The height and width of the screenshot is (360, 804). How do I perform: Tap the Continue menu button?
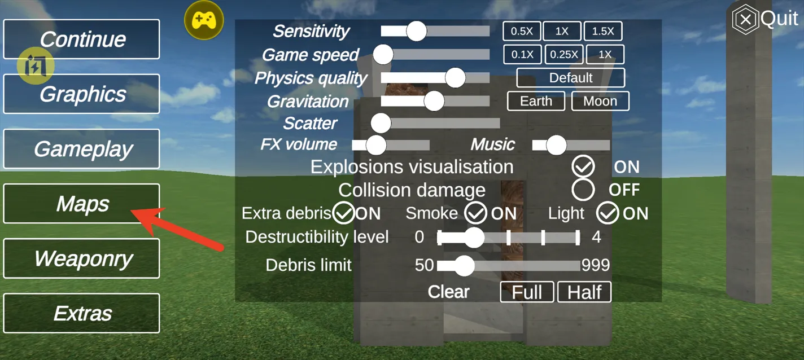pos(81,39)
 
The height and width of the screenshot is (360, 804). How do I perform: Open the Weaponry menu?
pos(81,258)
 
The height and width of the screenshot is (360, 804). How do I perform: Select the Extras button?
pos(81,313)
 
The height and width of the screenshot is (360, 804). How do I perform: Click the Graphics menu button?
pos(81,94)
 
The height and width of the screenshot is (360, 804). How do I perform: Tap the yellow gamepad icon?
pos(204,20)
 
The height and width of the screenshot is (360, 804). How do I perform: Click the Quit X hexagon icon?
pos(745,19)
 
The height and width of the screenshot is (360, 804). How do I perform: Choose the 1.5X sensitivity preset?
pos(603,31)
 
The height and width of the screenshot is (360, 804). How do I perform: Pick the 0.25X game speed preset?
pos(564,55)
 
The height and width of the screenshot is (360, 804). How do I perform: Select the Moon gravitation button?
pos(600,101)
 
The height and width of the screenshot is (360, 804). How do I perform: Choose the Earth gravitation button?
pos(536,101)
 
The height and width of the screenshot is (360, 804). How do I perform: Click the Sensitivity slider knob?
pos(416,31)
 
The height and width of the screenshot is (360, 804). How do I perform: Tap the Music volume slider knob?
pos(556,145)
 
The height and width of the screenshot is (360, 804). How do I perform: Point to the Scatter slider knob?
pos(381,124)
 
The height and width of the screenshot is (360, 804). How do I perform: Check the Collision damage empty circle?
pos(583,190)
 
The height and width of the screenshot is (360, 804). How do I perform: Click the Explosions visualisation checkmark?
pos(583,166)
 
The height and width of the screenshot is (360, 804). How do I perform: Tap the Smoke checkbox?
pos(475,213)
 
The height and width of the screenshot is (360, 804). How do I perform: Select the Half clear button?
pos(584,292)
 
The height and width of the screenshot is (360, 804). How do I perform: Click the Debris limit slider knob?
pos(465,266)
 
